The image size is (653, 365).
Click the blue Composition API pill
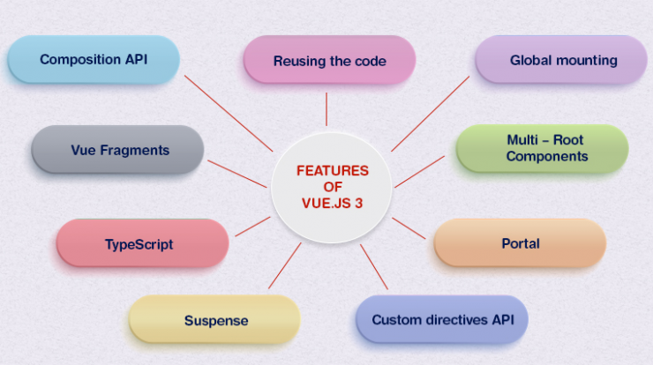coord(94,60)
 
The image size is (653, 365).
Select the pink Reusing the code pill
coord(329,60)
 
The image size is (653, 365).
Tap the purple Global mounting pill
coord(561,60)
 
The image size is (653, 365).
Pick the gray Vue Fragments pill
coord(117,149)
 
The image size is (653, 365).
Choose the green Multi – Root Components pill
coord(542,148)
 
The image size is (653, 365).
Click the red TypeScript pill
coord(142,243)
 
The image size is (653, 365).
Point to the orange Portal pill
coord(520,242)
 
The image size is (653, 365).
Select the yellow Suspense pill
coord(214,319)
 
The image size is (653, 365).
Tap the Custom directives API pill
coord(442,319)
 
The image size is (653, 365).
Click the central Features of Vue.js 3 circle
coord(332,188)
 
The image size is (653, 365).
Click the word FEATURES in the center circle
coord(333,171)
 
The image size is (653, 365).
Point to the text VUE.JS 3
coord(333,203)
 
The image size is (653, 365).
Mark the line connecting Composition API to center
coord(229,113)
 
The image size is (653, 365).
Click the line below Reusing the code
coord(326,109)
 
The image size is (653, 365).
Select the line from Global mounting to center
coord(431,114)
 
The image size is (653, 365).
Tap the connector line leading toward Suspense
coord(284,266)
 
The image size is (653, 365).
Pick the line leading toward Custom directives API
coord(374,267)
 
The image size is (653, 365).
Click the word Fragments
coord(134,150)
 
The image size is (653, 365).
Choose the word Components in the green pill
coord(547,156)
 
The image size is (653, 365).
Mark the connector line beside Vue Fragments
coord(237,174)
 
